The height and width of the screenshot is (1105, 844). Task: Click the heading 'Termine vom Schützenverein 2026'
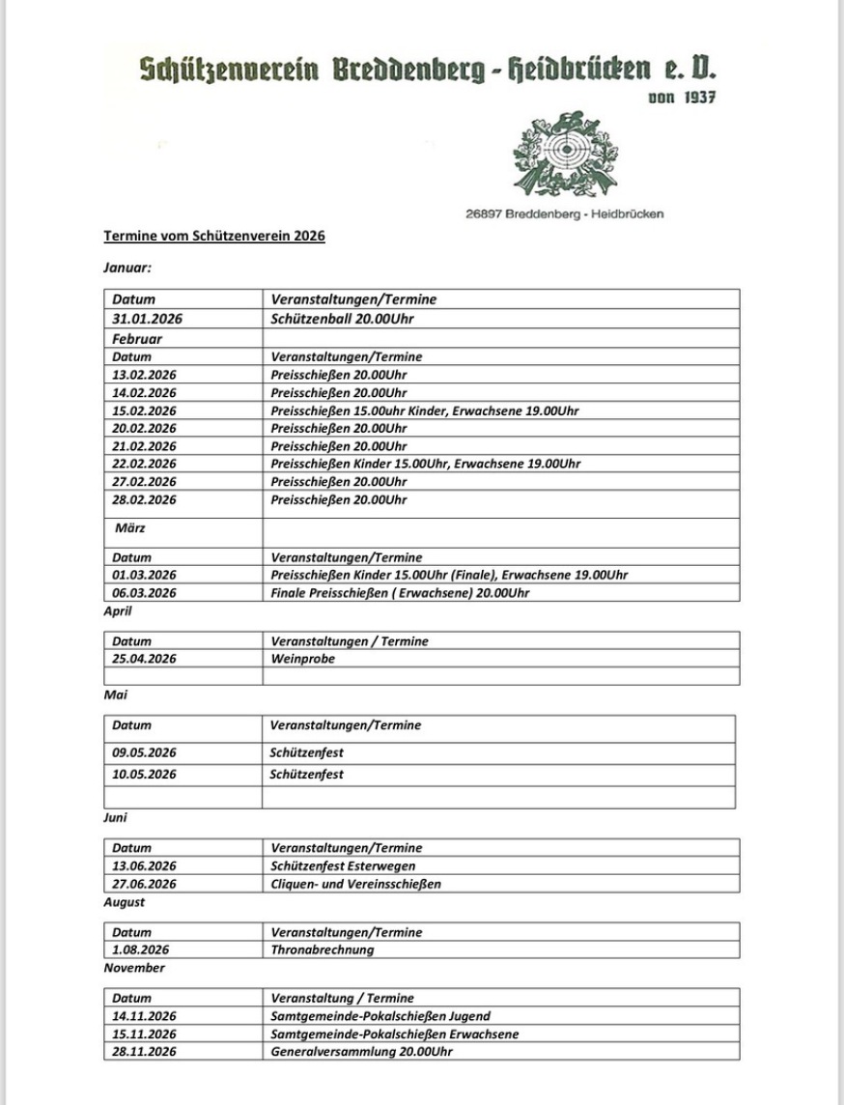point(214,236)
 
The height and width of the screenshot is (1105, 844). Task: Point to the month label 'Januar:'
point(127,268)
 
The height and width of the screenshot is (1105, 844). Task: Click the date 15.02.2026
point(145,411)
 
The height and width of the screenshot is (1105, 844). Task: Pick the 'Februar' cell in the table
point(137,339)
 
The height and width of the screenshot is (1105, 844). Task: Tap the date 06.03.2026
point(145,593)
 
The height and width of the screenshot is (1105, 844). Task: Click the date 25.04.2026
point(145,659)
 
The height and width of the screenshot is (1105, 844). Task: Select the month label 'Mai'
point(116,694)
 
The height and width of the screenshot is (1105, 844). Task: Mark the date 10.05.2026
point(145,775)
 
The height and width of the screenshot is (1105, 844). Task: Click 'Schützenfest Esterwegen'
point(344,865)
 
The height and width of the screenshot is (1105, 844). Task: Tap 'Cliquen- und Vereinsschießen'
point(356,884)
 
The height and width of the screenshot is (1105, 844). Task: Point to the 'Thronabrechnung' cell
point(323,949)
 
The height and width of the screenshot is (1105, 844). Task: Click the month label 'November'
point(134,968)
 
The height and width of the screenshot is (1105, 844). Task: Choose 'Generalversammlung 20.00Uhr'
point(362,1051)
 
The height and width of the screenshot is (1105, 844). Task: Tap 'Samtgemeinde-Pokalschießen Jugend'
point(380,1016)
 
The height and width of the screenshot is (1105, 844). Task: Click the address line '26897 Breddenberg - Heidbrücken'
point(564,214)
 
